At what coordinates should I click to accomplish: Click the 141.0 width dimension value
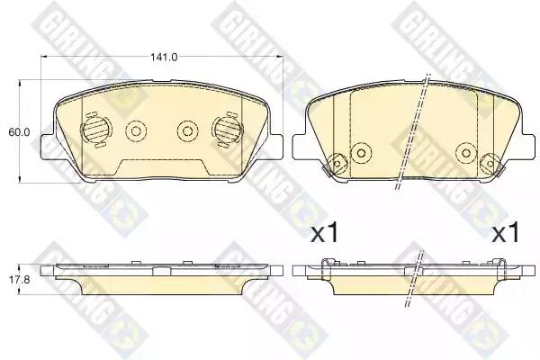(x=164, y=58)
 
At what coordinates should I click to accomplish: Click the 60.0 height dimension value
(x=20, y=132)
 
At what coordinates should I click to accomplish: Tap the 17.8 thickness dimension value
(x=19, y=279)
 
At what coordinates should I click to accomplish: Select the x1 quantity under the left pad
(x=325, y=234)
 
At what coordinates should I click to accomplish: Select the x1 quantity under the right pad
(x=505, y=234)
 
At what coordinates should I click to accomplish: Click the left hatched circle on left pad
(x=95, y=130)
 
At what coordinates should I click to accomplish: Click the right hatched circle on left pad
(x=226, y=130)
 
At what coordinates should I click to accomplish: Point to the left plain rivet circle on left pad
(x=136, y=131)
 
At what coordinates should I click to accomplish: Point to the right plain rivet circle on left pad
(x=187, y=131)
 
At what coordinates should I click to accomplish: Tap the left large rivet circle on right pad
(x=361, y=153)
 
